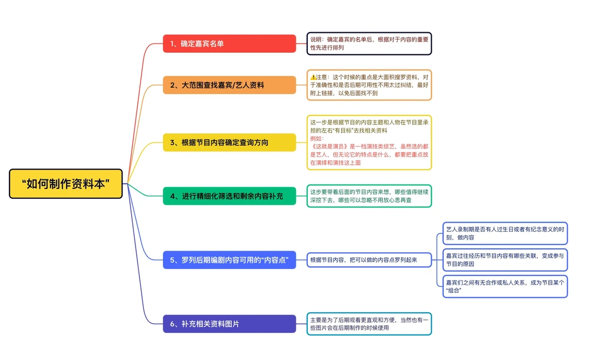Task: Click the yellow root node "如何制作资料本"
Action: coord(66,184)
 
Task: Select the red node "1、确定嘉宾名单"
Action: coord(229,43)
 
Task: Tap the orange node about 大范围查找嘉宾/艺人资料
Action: coord(229,85)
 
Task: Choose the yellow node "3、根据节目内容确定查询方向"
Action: coord(229,142)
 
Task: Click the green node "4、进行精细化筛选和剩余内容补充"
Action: coord(229,196)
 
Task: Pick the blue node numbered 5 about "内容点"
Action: coord(229,259)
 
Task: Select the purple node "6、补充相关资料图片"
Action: coord(229,323)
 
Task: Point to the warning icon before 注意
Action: coord(313,77)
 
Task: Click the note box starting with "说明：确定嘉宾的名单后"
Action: coord(369,43)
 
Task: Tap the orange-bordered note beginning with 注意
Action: coord(369,85)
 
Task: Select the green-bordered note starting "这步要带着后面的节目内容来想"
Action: coord(369,196)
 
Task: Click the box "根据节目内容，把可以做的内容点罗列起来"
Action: coord(369,259)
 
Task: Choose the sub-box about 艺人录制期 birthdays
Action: coord(505,233)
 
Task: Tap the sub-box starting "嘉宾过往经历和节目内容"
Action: coord(505,259)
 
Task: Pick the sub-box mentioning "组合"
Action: coord(505,286)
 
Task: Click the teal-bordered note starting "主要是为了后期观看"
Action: coord(369,323)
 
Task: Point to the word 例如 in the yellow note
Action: coord(316,139)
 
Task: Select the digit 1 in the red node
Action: coord(172,44)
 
